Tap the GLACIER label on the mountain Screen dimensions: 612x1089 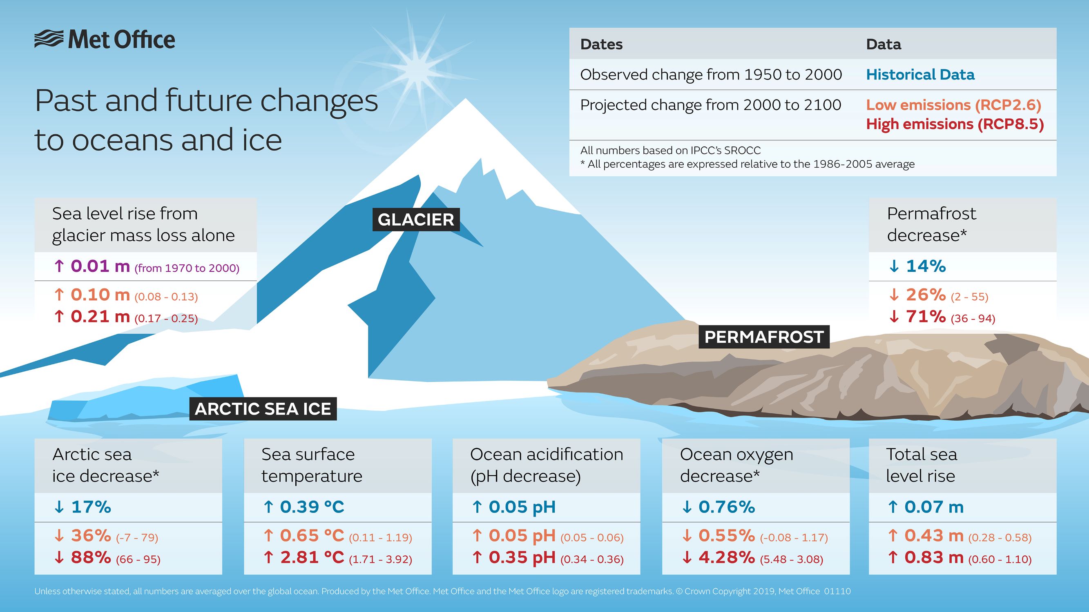click(x=415, y=220)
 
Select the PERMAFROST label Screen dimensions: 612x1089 click(x=764, y=337)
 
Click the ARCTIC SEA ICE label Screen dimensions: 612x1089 click(x=263, y=409)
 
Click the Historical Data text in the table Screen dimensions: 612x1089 click(x=920, y=75)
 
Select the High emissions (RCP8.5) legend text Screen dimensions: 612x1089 click(x=955, y=124)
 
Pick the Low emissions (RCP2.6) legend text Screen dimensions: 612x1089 click(x=953, y=105)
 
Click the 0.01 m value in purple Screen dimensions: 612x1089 click(x=100, y=266)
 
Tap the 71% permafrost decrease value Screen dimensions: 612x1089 click(x=925, y=316)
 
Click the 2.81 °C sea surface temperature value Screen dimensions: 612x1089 click(x=312, y=557)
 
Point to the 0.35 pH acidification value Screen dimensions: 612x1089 click(x=522, y=557)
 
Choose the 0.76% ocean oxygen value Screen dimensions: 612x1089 click(x=726, y=507)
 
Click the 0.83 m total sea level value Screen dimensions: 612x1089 click(x=933, y=557)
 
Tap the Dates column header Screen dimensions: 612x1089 click(x=601, y=44)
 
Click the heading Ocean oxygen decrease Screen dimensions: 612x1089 click(x=736, y=465)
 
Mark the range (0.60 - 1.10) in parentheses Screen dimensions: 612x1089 click(x=1000, y=560)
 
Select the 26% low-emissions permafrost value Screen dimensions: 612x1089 click(x=925, y=295)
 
